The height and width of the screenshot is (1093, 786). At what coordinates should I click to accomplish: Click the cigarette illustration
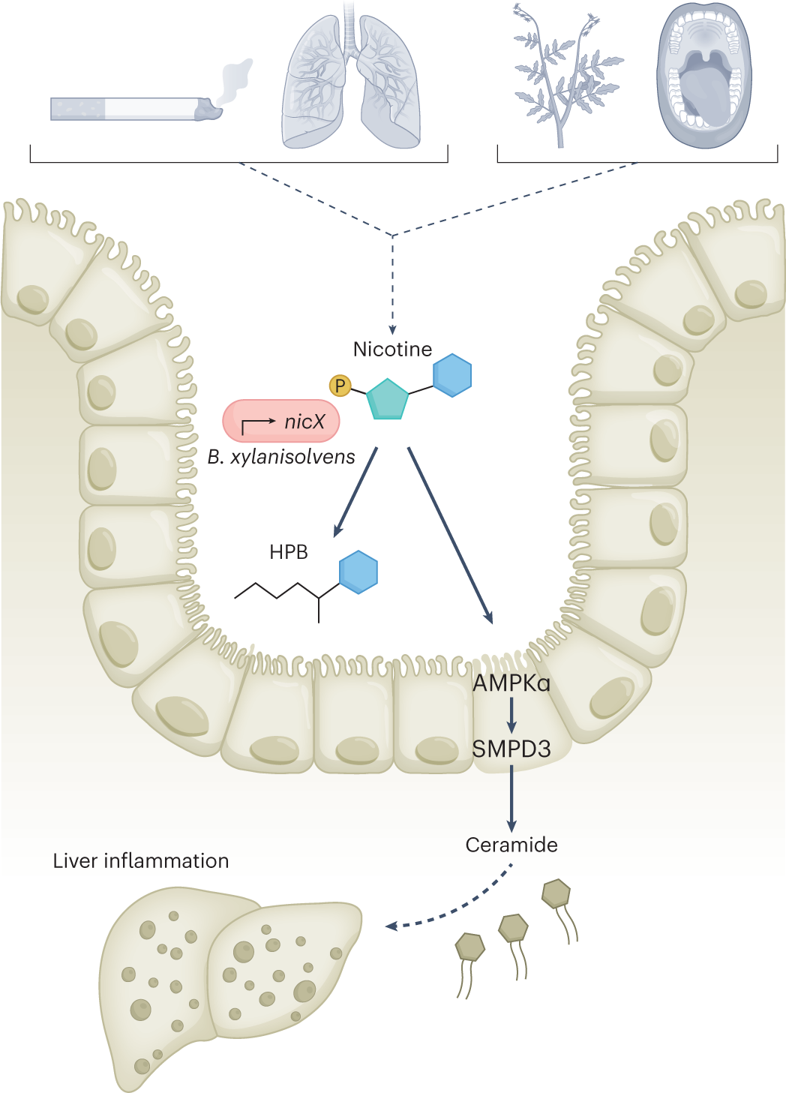coord(136,108)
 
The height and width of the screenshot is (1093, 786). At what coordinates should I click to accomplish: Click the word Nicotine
coord(393,350)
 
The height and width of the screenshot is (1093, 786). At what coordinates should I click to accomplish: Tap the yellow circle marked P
coord(340,386)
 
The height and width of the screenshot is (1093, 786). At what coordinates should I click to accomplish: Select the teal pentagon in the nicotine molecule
coord(388,399)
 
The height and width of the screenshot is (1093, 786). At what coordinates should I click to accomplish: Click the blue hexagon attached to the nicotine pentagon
coord(452,375)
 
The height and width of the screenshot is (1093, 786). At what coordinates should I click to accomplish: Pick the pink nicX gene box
coord(281,421)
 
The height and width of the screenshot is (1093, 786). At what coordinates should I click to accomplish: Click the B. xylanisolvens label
coord(281,457)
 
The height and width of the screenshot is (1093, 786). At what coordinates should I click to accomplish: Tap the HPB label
coord(289,552)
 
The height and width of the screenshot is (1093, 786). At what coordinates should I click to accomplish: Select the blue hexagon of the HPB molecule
coord(358,572)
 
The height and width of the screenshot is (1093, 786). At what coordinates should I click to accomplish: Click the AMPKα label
coord(511,683)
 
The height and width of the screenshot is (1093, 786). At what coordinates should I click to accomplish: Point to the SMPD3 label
coord(511,749)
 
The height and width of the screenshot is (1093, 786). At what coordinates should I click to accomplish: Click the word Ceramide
coord(511,845)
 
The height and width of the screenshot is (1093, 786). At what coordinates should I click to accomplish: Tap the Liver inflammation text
coord(141,861)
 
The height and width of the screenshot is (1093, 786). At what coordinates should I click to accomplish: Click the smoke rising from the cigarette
coord(237,80)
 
